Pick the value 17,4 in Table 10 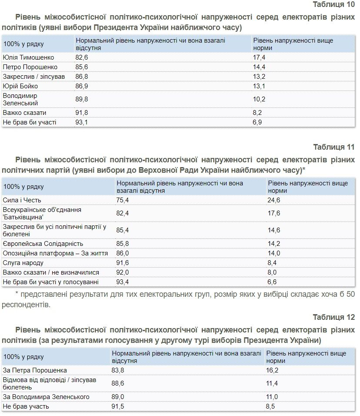(x=259, y=57)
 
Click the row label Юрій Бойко (x=20, y=86)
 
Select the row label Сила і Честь (x=22, y=200)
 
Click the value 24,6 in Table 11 (x=274, y=200)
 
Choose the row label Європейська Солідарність (x=43, y=244)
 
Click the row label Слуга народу (x=23, y=263)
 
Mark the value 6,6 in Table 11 (x=272, y=282)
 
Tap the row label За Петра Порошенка (x=34, y=370)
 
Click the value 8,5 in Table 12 (x=270, y=406)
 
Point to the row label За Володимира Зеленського (x=46, y=397)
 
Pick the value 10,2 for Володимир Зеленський (x=259, y=99)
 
